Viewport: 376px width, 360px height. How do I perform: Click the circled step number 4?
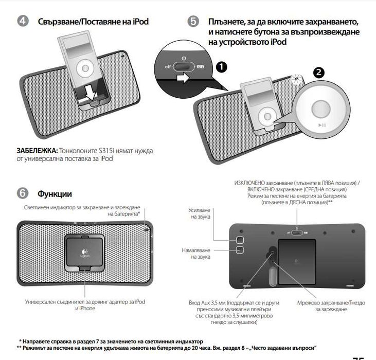(23, 22)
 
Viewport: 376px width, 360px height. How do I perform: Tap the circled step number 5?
(193, 22)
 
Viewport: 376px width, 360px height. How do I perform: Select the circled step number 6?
(23, 193)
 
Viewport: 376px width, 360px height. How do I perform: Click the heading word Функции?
(54, 194)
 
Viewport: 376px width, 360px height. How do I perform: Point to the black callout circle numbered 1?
(221, 66)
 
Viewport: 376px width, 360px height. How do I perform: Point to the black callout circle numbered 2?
(319, 73)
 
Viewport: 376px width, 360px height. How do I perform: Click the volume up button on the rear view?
(240, 240)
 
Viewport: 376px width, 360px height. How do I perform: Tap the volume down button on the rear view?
(240, 250)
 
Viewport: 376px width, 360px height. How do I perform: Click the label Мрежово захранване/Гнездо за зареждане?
(324, 307)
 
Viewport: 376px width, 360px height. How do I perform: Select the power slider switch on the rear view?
(297, 231)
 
